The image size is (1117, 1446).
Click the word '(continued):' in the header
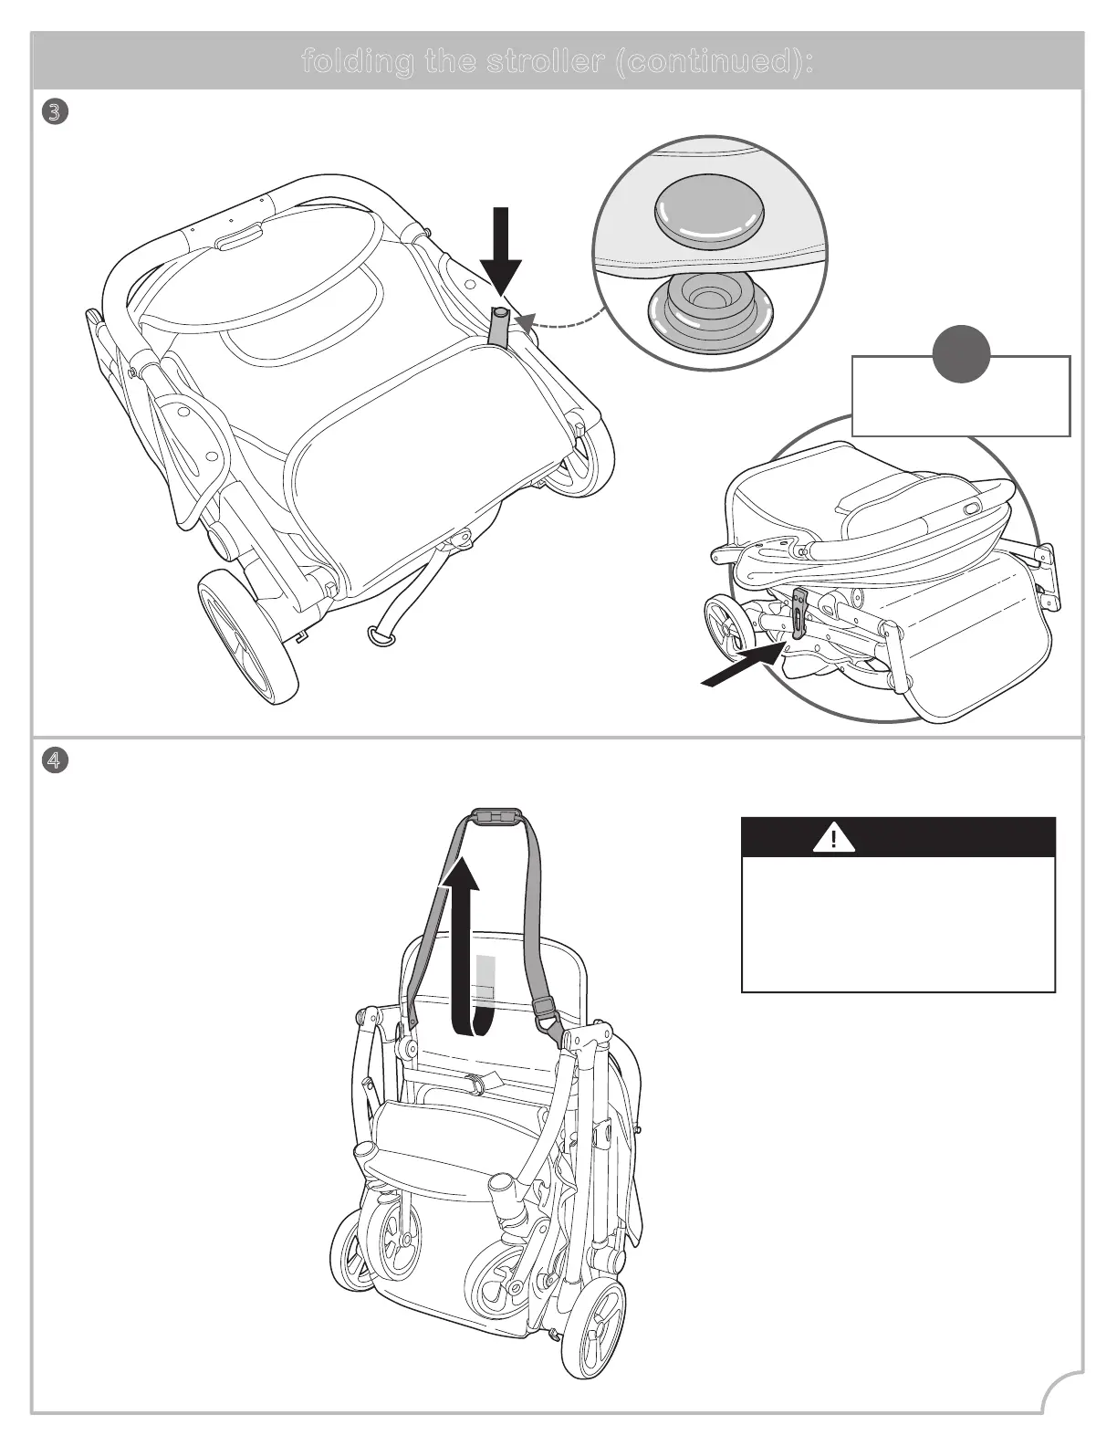click(715, 62)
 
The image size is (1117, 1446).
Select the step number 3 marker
click(55, 112)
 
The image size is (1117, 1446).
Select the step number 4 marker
click(55, 760)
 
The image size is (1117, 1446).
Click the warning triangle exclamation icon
click(833, 837)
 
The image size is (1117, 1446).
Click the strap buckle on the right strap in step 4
click(545, 1010)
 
